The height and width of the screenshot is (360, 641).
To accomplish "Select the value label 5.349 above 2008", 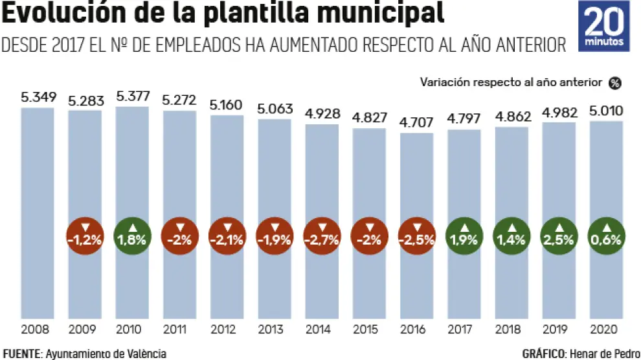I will pos(38,98).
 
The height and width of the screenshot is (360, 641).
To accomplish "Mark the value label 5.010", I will pos(606,111).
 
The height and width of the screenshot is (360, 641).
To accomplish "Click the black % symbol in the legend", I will pos(614,83).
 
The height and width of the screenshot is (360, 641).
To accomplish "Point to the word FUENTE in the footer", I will pos(21,354).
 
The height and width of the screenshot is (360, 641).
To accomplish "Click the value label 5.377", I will pos(132,96).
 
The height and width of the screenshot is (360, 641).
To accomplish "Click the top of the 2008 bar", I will pos(38,109).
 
